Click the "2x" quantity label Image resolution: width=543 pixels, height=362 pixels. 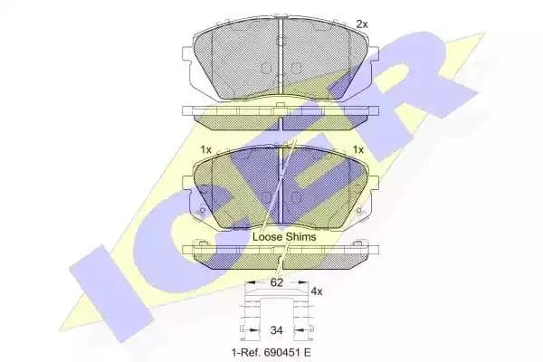[x=362, y=24]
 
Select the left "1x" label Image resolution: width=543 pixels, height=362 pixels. [x=205, y=149]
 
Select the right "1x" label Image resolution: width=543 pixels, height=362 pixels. [x=358, y=149]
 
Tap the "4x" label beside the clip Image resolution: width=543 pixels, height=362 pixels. [x=317, y=291]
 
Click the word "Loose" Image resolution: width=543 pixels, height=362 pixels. [x=268, y=237]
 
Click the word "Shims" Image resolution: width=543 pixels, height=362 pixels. [x=301, y=237]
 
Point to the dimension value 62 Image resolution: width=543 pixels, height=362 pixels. [x=276, y=282]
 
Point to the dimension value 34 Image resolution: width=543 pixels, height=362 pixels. [x=276, y=330]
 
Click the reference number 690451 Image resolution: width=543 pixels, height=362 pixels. [x=279, y=353]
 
